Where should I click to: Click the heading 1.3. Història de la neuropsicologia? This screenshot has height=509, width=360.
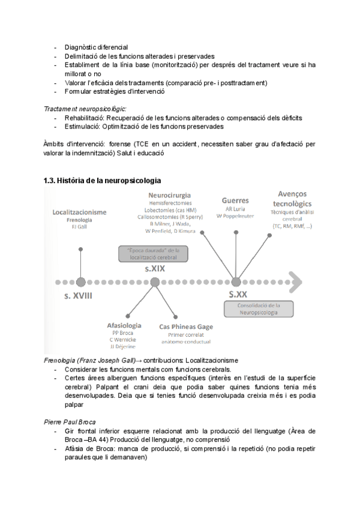pyautogui.click(x=102, y=181)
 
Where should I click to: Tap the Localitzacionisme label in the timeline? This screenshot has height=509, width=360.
pyautogui.click(x=80, y=212)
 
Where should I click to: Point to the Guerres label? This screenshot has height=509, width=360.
pyautogui.click(x=235, y=200)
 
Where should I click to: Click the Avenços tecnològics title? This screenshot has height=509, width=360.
pyautogui.click(x=292, y=198)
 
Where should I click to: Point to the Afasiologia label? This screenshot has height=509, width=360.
pyautogui.click(x=124, y=325)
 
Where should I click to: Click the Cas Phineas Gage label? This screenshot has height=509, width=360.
pyautogui.click(x=185, y=327)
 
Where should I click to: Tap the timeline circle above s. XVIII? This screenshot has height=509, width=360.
pyautogui.click(x=80, y=282)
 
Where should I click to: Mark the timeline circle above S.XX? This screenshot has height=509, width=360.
pyautogui.click(x=236, y=282)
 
